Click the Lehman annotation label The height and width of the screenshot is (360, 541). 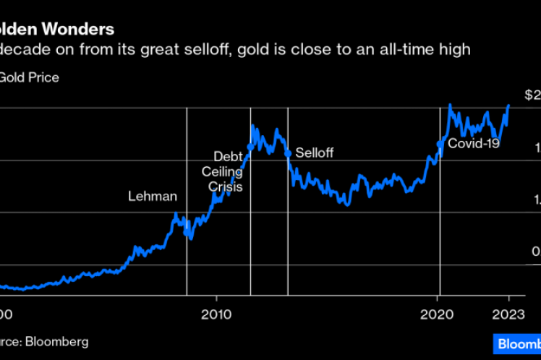[x=153, y=196]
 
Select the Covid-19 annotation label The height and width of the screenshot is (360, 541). [x=474, y=143]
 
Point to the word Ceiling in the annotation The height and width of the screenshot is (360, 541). [x=222, y=171]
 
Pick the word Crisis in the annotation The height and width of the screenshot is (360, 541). [x=225, y=187]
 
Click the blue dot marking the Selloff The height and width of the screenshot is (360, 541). [x=288, y=153]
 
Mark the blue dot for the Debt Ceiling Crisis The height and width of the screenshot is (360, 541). [x=250, y=147]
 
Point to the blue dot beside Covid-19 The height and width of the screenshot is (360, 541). [x=440, y=144]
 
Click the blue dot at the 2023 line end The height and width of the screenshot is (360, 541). [x=508, y=106]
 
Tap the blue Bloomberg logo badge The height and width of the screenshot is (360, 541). [x=516, y=343]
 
